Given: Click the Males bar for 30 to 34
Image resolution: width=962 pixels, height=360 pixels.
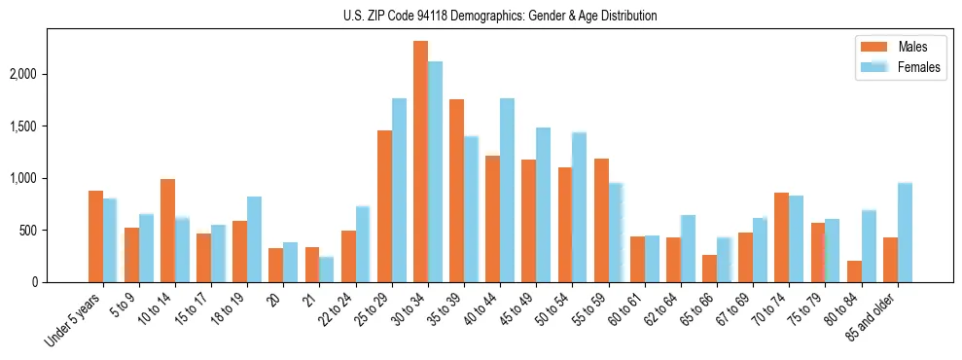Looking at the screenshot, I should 420,162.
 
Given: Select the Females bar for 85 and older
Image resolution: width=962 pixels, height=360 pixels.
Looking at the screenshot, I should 905,233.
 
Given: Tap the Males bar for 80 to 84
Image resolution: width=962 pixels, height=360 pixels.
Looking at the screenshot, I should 854,271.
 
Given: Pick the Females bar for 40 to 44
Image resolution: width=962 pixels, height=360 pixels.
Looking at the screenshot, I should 507,190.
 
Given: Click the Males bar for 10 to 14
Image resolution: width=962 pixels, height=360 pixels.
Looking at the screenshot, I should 167,231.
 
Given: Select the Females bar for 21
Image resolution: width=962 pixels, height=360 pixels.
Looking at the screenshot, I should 326,270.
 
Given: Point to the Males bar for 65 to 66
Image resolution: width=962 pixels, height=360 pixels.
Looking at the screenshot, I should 709,269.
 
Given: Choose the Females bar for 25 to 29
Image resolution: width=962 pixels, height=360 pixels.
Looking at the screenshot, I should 399,190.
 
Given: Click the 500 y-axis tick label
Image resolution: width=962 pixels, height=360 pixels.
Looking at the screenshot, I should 38,231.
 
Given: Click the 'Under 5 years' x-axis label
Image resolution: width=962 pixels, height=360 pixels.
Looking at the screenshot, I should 74,321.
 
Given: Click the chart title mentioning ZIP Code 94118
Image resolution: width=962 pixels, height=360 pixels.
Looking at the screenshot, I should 500,16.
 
